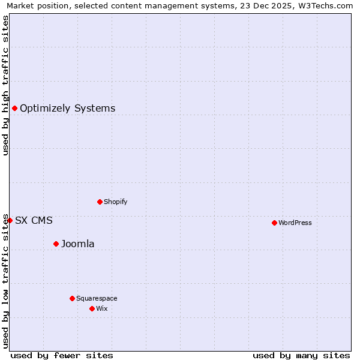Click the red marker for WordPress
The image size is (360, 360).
(x=274, y=223)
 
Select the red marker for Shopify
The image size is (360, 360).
(x=100, y=202)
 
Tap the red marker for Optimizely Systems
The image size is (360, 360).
(x=14, y=108)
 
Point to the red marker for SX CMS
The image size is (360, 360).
(x=10, y=220)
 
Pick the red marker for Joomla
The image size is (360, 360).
(x=56, y=244)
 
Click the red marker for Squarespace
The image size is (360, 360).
(x=72, y=298)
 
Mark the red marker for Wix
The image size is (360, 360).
(x=92, y=308)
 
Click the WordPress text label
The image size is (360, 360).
(x=295, y=223)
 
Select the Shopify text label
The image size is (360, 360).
(x=116, y=202)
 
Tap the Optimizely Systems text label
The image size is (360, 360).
(x=68, y=109)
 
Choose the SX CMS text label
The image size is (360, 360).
(x=34, y=221)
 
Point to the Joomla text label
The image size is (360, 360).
(x=78, y=244)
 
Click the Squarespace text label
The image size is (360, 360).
(x=97, y=298)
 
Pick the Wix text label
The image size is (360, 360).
(x=102, y=308)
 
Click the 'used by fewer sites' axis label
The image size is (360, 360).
(x=62, y=355)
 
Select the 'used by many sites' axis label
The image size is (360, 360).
(x=301, y=355)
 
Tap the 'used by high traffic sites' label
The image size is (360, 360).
(x=5, y=85)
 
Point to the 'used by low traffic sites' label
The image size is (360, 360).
(x=5, y=281)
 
